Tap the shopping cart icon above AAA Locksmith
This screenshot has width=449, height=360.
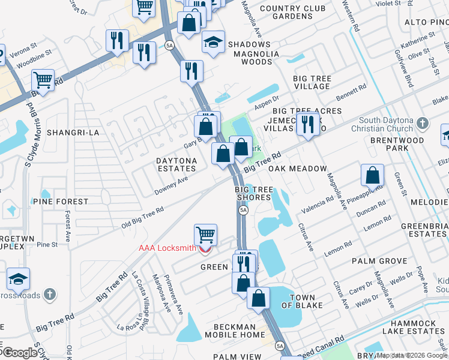coord(205,235)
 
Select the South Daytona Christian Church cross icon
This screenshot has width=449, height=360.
coord(422,124)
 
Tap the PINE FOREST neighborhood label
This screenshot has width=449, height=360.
coord(61,202)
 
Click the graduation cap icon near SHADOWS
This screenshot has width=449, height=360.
coord(213,43)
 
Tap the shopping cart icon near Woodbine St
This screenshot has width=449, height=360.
coord(43,79)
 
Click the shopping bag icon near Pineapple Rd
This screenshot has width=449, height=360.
coord(373,176)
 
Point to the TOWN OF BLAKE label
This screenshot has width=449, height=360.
coord(294,302)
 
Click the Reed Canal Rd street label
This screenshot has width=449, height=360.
coord(321,349)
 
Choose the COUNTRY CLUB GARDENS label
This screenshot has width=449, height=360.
coord(294,12)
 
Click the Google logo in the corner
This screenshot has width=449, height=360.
coord(19,353)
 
